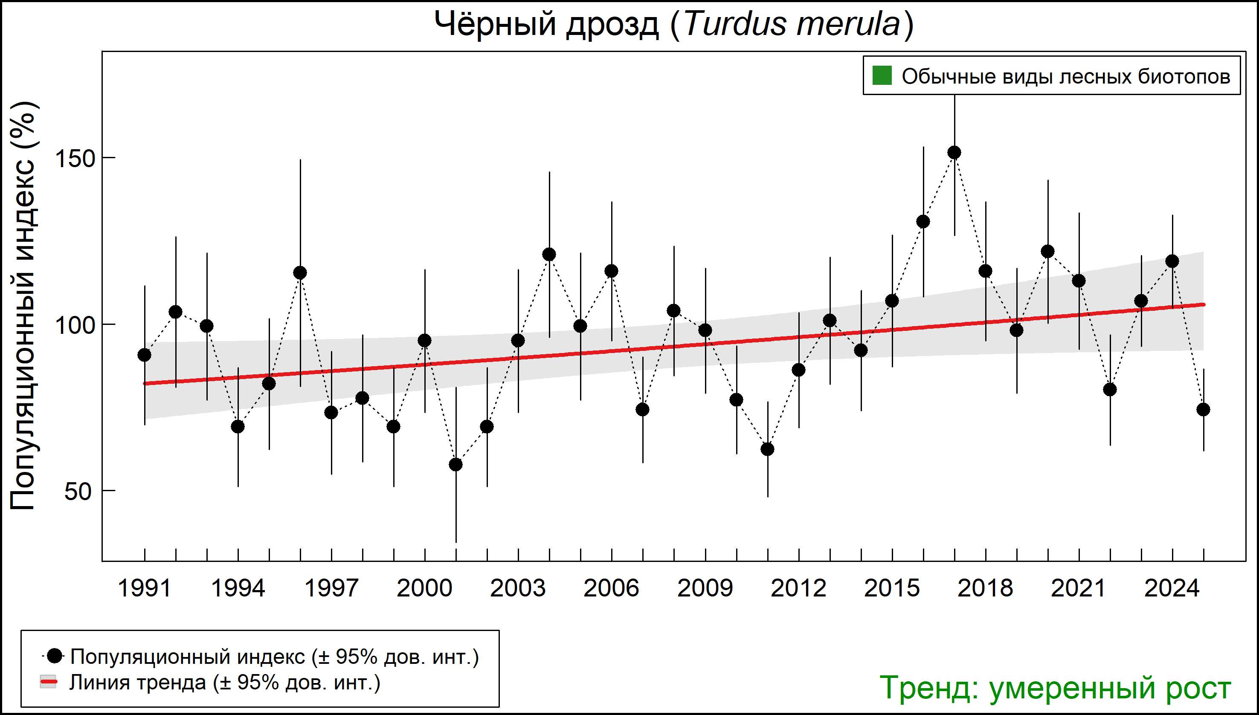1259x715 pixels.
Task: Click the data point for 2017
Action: coord(954,153)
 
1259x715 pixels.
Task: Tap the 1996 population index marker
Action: coord(300,272)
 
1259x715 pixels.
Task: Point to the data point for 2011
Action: coord(767,449)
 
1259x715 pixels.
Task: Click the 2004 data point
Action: coord(549,255)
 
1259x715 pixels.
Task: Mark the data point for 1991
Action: coord(145,355)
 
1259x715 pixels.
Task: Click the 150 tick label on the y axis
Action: coord(74,159)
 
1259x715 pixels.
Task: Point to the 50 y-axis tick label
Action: coord(78,492)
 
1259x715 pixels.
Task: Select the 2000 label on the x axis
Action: coord(424,588)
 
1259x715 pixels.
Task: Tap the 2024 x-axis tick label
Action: coord(1172,588)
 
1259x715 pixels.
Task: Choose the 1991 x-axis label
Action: coord(145,588)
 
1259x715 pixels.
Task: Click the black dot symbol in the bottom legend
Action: coord(55,656)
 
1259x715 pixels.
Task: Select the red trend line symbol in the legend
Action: coord(48,682)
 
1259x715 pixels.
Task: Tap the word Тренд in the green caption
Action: coord(928,688)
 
